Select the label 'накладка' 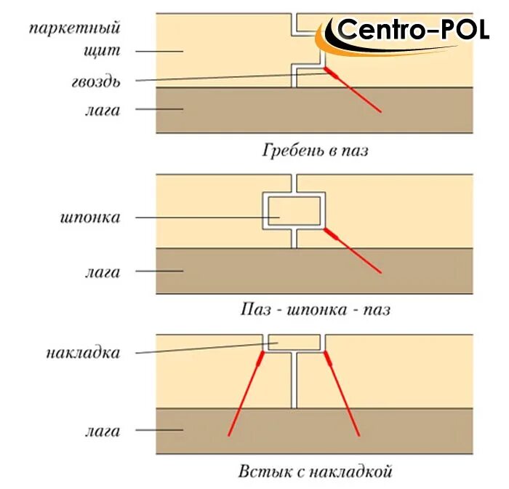coord(82,353)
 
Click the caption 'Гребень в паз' coord(315,151)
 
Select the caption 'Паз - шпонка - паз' coord(315,309)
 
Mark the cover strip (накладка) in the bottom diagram coord(294,341)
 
